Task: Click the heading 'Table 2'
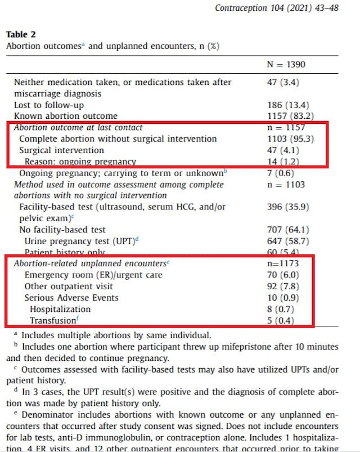coord(20,35)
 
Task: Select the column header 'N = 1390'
coord(286,65)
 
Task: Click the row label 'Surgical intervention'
coord(61,150)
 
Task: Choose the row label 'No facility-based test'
coord(62,230)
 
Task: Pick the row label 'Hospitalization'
coord(60,309)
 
